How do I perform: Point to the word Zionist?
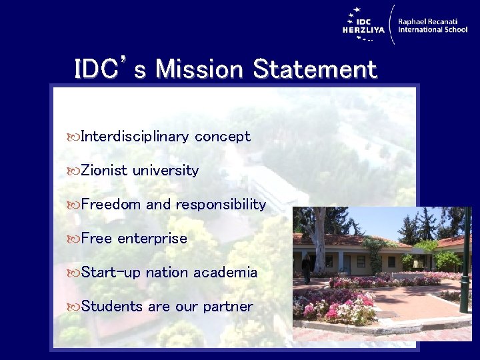pyautogui.click(x=104, y=171)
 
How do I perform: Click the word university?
pyautogui.click(x=165, y=171)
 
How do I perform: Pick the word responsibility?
pyautogui.click(x=221, y=205)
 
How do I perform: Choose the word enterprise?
pyautogui.click(x=152, y=239)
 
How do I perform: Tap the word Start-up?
pyautogui.click(x=111, y=273)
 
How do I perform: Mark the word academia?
pyautogui.click(x=225, y=273)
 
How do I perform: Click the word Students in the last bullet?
pyautogui.click(x=111, y=307)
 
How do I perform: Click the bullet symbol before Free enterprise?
pyautogui.click(x=73, y=239)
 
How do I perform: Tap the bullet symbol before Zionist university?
pyautogui.click(x=73, y=171)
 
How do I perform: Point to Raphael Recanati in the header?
pyautogui.click(x=433, y=21)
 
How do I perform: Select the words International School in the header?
pyautogui.click(x=433, y=30)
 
